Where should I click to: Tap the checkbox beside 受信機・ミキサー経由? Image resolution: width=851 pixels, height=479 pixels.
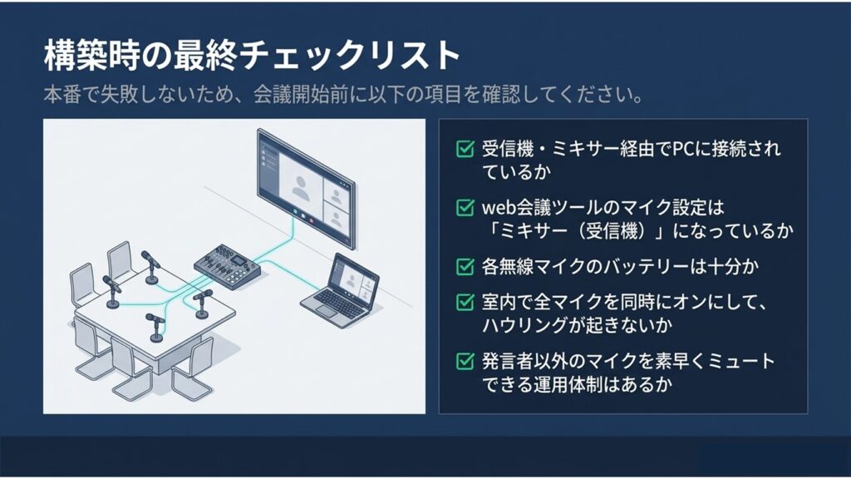465,150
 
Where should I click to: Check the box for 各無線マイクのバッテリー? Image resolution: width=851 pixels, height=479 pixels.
465,267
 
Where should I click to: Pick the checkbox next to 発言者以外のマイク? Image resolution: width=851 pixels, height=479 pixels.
465,362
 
